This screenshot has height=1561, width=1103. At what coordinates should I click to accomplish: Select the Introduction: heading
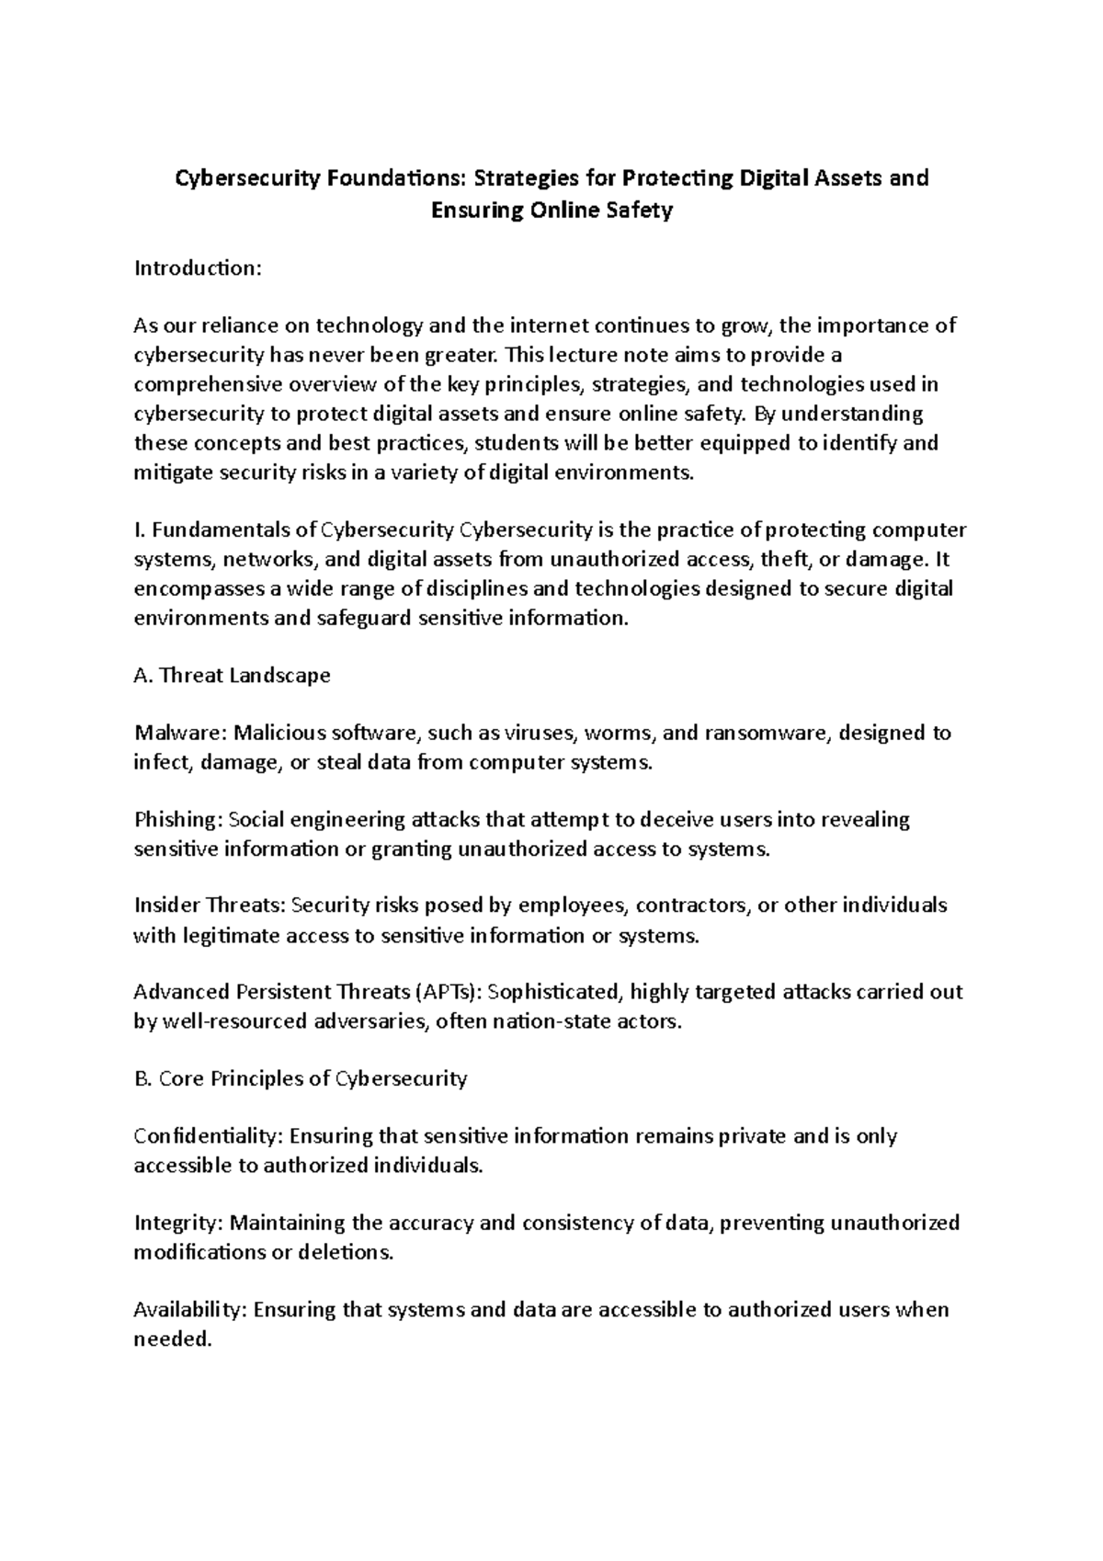199,268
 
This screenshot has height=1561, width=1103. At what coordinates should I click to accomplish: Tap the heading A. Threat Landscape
232,676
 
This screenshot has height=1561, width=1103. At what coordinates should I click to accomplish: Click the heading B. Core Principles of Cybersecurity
301,1078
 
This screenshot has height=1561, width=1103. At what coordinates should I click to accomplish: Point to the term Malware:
180,733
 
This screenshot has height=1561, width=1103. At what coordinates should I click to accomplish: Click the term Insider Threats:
210,906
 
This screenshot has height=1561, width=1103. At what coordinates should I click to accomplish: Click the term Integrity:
178,1223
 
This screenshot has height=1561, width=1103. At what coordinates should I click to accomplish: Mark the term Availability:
190,1309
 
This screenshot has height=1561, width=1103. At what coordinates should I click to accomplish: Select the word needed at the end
172,1339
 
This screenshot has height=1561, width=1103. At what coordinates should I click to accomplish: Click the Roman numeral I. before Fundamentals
140,530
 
